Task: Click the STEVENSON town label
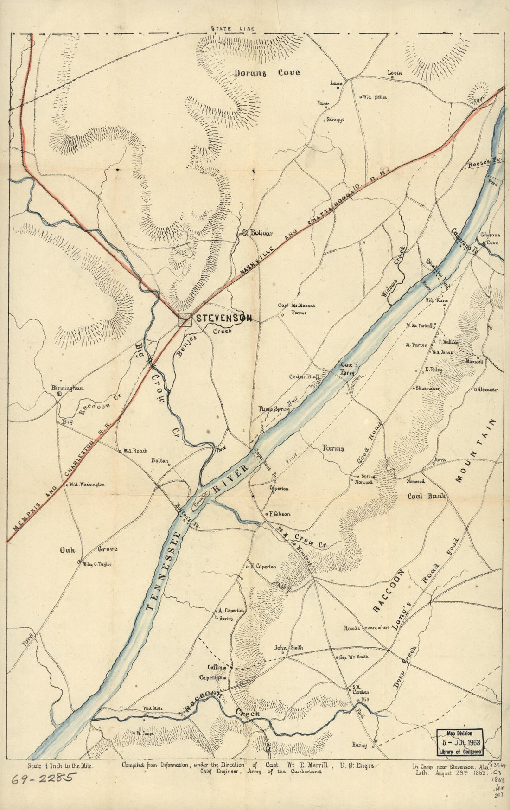[224, 318]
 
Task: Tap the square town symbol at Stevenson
[185, 319]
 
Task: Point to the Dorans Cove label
[267, 73]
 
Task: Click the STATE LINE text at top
[233, 29]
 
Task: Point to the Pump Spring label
[271, 409]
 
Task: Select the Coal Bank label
[427, 496]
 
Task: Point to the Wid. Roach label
[134, 450]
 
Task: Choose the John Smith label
[288, 648]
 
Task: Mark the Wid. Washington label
[87, 485]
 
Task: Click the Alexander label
[487, 390]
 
